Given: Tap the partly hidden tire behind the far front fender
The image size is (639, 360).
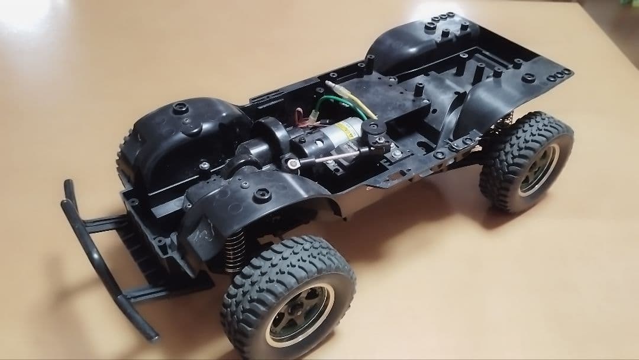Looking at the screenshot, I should (125, 157).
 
